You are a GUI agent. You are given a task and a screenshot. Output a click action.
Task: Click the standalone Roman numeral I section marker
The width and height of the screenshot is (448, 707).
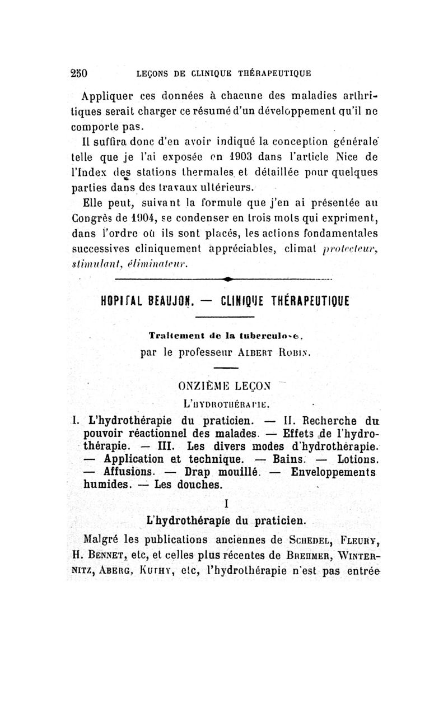[x=225, y=503]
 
